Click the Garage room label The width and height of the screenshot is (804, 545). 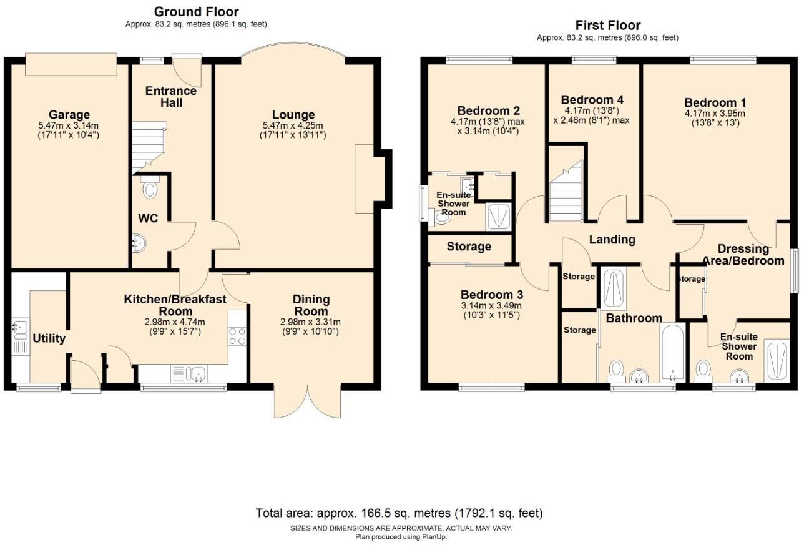click(x=69, y=115)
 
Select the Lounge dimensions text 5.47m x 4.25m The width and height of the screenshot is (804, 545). click(x=293, y=125)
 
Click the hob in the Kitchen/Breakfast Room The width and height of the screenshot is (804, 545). click(x=237, y=336)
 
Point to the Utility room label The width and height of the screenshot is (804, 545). click(x=49, y=338)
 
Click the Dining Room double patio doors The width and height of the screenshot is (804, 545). click(x=308, y=400)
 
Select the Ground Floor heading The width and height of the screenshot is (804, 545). click(x=196, y=12)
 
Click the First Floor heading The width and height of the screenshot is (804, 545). click(x=607, y=26)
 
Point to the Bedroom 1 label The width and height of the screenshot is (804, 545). click(x=715, y=103)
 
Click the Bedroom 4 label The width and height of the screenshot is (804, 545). click(x=592, y=100)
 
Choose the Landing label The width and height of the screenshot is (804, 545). click(x=612, y=239)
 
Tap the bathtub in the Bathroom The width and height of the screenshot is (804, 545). click(x=672, y=353)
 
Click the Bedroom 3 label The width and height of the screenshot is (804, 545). click(x=491, y=295)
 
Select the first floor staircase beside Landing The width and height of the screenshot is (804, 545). click(x=566, y=192)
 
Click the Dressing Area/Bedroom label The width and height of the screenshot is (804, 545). click(x=751, y=255)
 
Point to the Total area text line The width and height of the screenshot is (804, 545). click(x=400, y=513)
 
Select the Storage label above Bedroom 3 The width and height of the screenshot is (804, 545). click(x=468, y=247)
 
